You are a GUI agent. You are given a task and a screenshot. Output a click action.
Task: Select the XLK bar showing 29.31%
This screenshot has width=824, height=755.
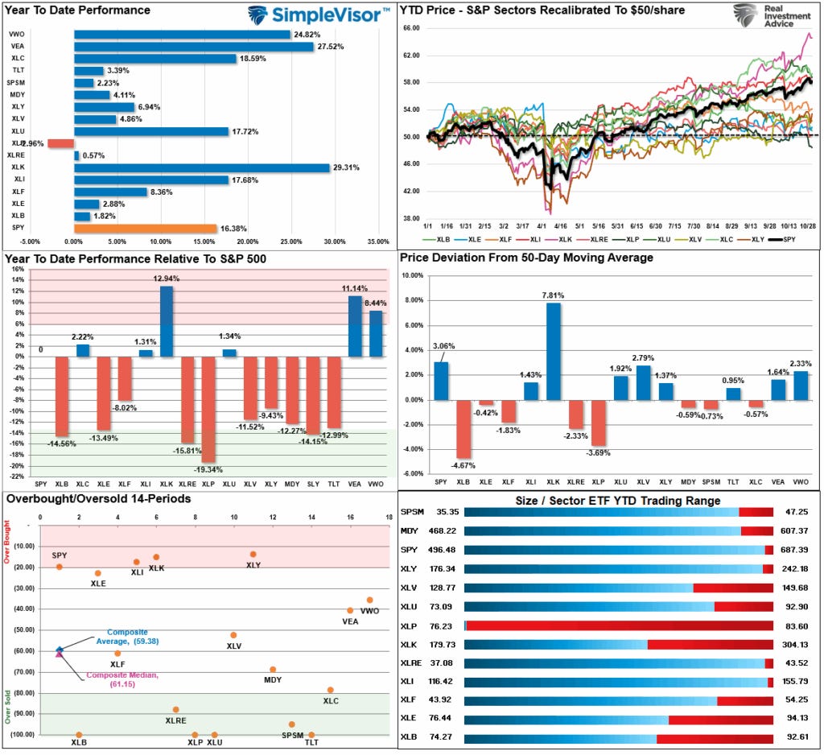[201, 167]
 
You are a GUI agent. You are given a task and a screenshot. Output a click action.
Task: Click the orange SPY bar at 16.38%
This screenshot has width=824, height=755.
[145, 229]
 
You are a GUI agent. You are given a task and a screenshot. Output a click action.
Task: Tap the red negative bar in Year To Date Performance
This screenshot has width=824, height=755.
[60, 143]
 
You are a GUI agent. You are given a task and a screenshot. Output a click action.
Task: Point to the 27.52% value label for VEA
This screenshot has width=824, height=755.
[330, 47]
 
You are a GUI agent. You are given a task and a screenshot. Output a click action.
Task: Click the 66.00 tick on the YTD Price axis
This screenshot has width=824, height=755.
[410, 28]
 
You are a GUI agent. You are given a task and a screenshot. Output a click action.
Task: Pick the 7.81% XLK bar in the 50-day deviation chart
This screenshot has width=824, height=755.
[554, 351]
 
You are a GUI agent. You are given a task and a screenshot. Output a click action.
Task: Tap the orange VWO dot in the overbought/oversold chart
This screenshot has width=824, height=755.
[369, 600]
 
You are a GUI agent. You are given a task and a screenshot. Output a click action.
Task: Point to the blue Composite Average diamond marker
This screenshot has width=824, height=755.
[59, 650]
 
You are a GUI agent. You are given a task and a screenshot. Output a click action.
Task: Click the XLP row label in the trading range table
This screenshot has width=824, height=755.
[409, 624]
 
